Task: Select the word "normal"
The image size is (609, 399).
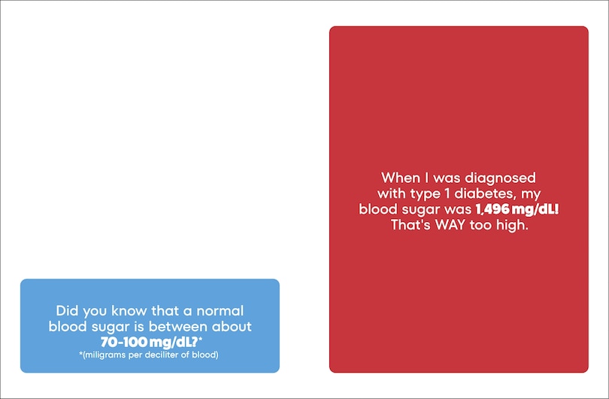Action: pos(220,311)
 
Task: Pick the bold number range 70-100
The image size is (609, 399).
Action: pos(124,343)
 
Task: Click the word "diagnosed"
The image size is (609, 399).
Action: pos(500,178)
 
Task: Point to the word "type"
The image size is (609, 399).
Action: pos(426,194)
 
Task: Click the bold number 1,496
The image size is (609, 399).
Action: pos(492,209)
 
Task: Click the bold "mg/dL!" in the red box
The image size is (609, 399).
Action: pos(535,209)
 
